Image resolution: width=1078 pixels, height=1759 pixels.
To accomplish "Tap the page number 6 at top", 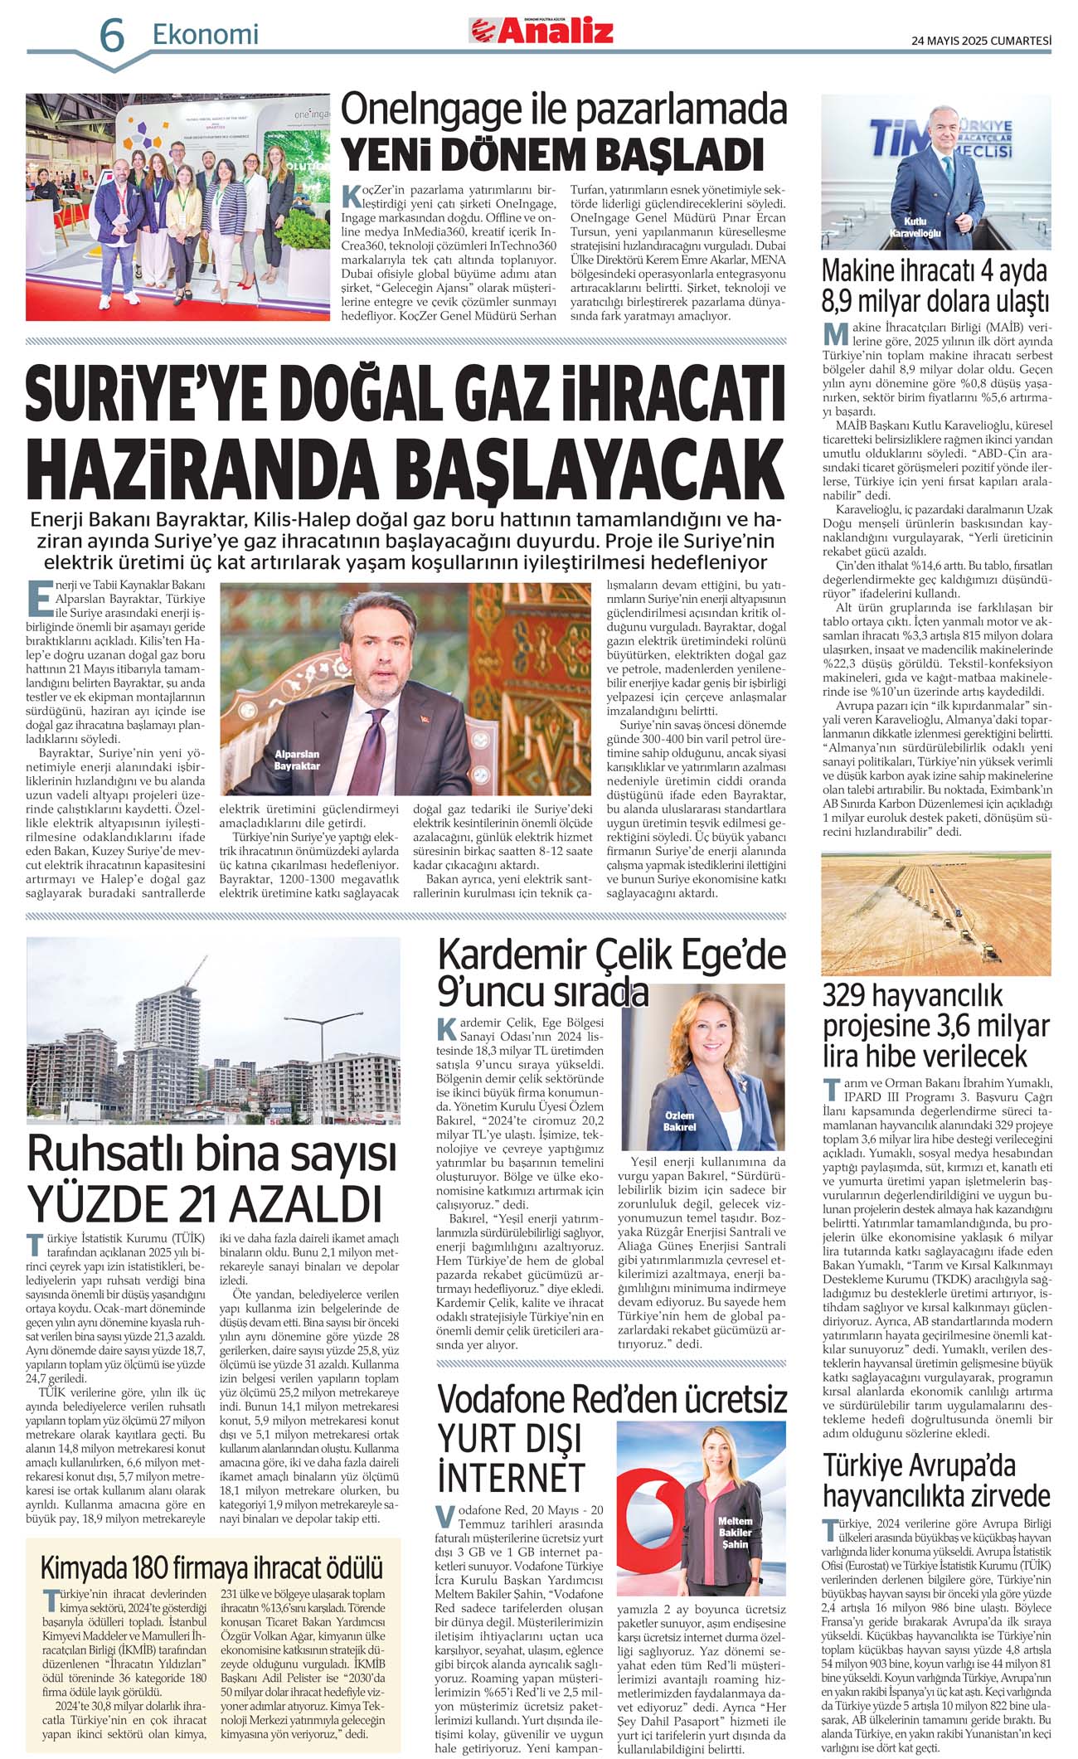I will [112, 36].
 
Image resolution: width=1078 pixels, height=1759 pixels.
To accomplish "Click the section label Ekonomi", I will [205, 34].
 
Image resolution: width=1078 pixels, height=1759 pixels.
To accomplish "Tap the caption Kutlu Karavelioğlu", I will [915, 227].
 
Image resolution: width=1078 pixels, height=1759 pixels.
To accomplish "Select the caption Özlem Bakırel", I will [679, 1121].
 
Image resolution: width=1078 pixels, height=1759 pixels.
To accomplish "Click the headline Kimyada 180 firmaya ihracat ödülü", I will [211, 1567].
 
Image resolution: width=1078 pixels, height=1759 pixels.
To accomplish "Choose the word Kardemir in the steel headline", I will [512, 955].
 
